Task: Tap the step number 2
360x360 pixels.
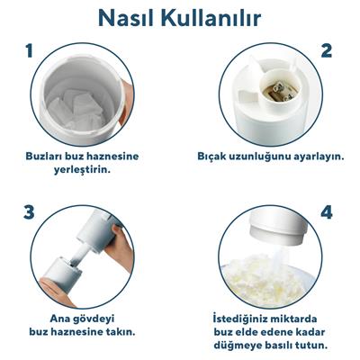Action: point(327,51)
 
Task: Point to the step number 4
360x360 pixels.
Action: point(327,212)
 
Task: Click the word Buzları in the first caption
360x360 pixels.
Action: point(46,156)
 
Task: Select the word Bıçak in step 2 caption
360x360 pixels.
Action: point(211,156)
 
